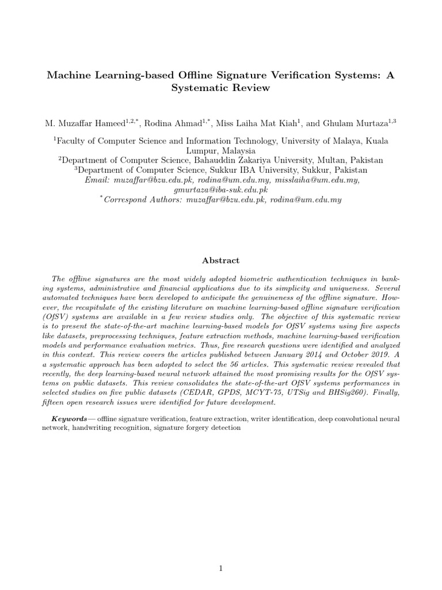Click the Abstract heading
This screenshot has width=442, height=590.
click(x=221, y=260)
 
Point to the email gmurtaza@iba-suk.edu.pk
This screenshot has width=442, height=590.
click(x=220, y=190)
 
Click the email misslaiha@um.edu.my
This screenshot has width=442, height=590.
click(x=323, y=180)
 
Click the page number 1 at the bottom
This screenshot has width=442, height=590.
click(x=221, y=553)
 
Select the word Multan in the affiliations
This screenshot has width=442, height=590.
click(x=315, y=160)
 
